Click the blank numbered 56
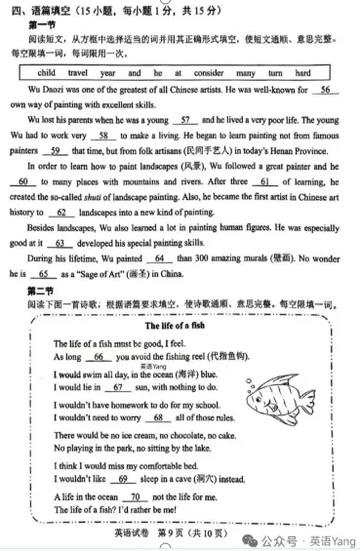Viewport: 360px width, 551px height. (324, 89)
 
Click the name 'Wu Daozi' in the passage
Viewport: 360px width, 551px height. (45, 89)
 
